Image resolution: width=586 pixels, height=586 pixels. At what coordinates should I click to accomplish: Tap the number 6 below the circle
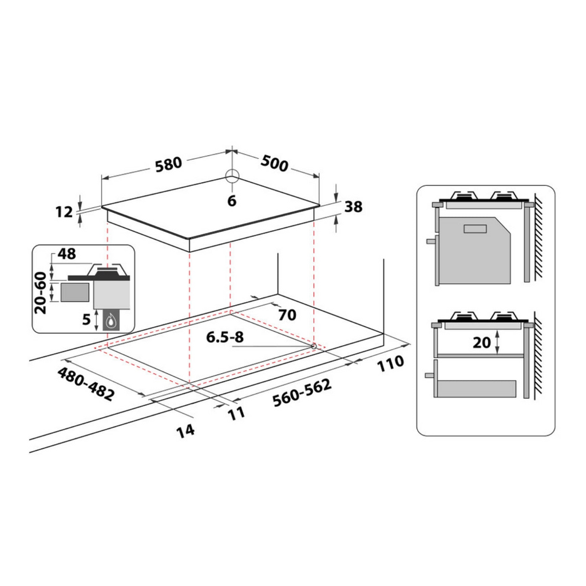pos(231,200)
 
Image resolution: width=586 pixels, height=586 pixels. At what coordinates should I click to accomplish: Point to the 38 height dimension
pos(354,207)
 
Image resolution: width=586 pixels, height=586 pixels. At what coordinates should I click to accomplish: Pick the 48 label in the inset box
pos(67,254)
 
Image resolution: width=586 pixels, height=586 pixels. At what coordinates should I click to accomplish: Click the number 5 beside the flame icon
pos(86,319)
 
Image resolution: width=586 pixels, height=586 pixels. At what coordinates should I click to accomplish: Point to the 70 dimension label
pos(287,315)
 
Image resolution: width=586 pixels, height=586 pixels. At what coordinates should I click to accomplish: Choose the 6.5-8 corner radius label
pos(225,338)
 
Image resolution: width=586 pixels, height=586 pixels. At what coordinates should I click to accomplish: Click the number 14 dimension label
pos(185,429)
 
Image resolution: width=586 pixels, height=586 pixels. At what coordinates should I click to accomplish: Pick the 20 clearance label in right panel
pos(482,342)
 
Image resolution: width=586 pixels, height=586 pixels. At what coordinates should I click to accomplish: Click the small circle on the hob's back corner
pos(231,176)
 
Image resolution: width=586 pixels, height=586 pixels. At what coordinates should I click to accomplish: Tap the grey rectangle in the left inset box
pos(74,292)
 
